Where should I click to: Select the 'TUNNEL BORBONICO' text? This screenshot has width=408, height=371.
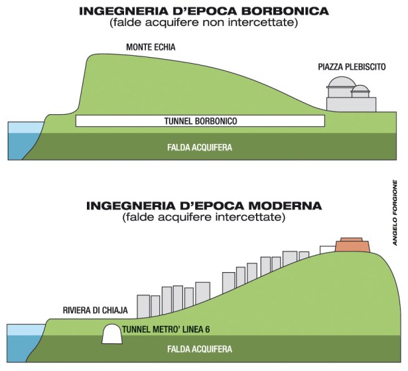[200, 121]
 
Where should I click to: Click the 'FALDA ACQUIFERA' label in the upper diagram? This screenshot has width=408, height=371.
[200, 147]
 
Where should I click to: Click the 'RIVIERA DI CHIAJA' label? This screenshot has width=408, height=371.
[95, 311]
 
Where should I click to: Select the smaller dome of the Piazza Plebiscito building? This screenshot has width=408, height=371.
[360, 91]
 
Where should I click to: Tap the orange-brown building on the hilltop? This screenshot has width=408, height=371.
[352, 244]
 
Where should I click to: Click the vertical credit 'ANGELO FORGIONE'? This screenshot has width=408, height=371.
[395, 212]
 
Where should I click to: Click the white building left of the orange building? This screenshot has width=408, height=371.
[327, 250]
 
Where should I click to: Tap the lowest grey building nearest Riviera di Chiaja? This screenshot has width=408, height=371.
[144, 303]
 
